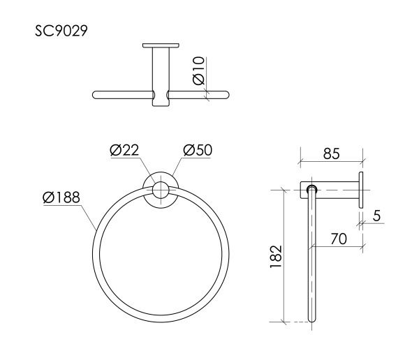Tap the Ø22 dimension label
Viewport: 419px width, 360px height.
pos(126,150)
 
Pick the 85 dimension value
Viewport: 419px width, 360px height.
pos(331,154)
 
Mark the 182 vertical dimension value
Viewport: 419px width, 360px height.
pos(277,257)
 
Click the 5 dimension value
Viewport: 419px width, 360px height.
pos(376,216)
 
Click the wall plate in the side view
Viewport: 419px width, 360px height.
pos(362,189)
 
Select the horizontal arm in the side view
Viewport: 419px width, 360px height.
pos(335,189)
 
